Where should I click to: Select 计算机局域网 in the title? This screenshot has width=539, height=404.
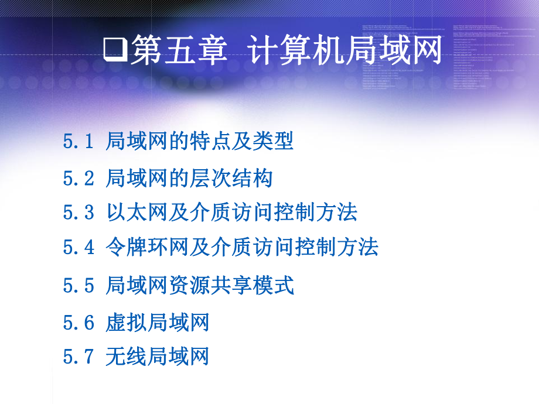point(344,50)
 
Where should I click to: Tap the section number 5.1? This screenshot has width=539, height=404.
point(79,142)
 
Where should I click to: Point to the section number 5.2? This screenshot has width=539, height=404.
point(79,178)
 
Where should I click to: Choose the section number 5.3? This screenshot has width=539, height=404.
point(79,212)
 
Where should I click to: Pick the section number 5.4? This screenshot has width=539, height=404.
point(79,247)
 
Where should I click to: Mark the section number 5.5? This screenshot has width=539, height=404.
point(79,286)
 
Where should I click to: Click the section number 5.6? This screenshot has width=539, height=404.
point(79,322)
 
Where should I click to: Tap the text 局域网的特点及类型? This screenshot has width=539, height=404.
point(200,141)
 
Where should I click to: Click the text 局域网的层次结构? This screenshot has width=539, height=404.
point(189,177)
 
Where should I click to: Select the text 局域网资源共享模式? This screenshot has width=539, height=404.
point(200,285)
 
